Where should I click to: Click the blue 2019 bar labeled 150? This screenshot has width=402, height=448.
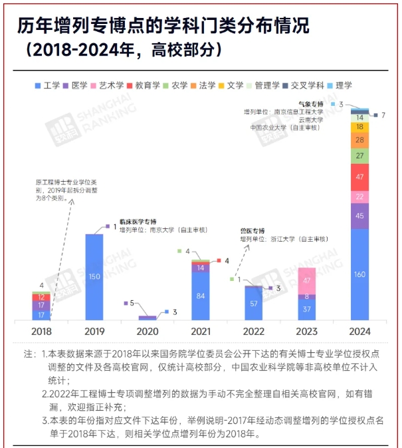tap(94, 276)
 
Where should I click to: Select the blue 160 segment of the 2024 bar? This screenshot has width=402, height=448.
tap(359, 274)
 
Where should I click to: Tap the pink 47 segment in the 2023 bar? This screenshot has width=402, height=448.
tap(307, 280)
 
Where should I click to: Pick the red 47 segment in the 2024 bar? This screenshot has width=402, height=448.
tap(359, 176)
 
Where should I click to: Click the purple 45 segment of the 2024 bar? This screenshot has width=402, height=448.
tap(359, 216)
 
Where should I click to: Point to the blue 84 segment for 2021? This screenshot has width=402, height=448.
tap(201, 296)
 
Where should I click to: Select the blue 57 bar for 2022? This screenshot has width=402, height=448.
tap(253, 303)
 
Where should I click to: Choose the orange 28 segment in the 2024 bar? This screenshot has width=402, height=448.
tap(359, 140)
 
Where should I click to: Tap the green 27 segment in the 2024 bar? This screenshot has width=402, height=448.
tap(359, 155)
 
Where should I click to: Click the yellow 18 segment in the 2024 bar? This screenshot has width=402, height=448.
tap(359, 126)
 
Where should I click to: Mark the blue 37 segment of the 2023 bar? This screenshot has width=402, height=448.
tap(307, 309)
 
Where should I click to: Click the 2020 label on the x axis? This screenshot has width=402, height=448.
tap(148, 331)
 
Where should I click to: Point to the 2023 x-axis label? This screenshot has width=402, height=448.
tap(307, 331)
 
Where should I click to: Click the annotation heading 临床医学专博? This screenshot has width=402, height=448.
tap(138, 221)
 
